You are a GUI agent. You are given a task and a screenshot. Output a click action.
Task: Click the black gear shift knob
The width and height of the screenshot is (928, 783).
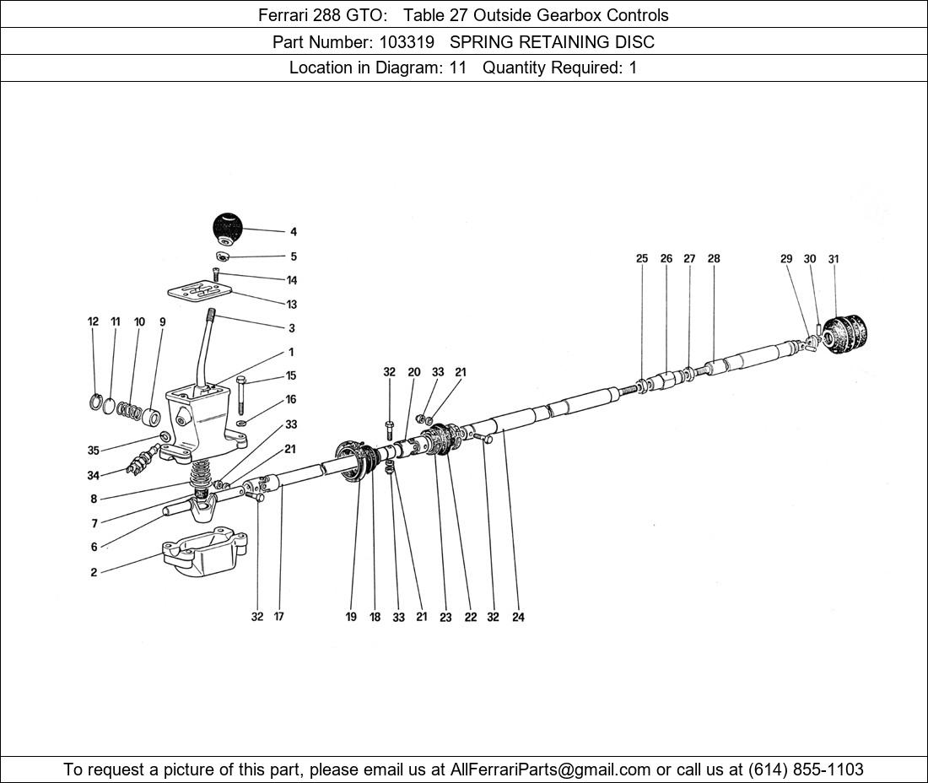coord(228,229)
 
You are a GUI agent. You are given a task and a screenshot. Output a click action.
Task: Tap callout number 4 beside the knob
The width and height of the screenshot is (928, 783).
coord(294,232)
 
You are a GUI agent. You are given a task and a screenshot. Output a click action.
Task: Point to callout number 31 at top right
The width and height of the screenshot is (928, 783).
coord(834,259)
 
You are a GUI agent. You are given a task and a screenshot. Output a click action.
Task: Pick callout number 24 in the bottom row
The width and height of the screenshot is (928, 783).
coord(518,618)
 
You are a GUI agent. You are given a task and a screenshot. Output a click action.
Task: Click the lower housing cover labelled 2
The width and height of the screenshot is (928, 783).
coord(205,552)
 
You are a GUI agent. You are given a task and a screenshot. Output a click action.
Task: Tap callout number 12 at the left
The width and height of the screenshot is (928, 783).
coord(93,322)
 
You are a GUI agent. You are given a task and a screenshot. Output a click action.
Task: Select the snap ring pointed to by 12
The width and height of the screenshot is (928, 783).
coord(96,402)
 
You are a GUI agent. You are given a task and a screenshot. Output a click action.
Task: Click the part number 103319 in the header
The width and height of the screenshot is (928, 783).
coord(407,42)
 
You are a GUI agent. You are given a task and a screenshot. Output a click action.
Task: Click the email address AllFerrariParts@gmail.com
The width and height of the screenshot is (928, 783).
coord(550,769)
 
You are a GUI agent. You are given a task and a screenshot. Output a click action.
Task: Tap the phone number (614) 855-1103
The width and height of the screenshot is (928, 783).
coord(806,769)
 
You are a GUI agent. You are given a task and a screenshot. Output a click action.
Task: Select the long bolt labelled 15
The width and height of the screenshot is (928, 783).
coord(240,395)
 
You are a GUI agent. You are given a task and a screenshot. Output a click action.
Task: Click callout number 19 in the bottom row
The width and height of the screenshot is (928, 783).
coord(351,618)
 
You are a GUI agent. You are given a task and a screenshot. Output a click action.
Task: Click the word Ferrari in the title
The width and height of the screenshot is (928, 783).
coord(283,15)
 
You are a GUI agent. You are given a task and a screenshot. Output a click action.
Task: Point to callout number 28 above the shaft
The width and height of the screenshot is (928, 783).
coord(714,259)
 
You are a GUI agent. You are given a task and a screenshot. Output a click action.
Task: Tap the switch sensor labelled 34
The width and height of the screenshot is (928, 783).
coord(142,461)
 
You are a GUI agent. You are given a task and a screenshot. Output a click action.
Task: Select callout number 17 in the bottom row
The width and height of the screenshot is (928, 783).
coord(278,617)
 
